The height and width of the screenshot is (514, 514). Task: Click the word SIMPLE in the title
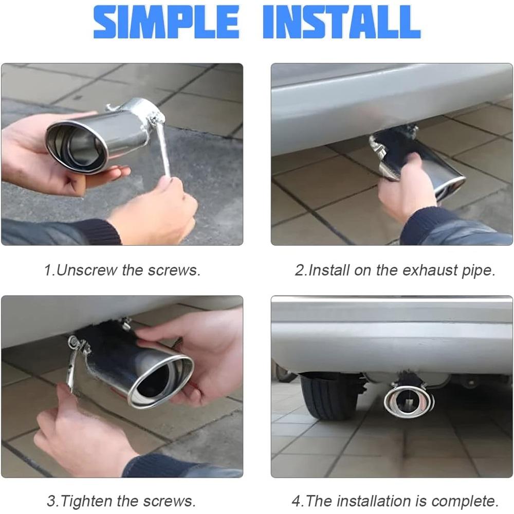click(166, 22)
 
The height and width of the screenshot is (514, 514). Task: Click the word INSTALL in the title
click(342, 22)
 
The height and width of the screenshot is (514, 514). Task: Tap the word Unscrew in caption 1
click(87, 270)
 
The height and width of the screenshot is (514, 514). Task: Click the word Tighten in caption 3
click(87, 501)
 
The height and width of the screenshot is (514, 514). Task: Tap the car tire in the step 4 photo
click(328, 397)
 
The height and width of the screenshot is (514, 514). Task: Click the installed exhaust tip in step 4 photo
click(409, 401)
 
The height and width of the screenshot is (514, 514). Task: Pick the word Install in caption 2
click(328, 270)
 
